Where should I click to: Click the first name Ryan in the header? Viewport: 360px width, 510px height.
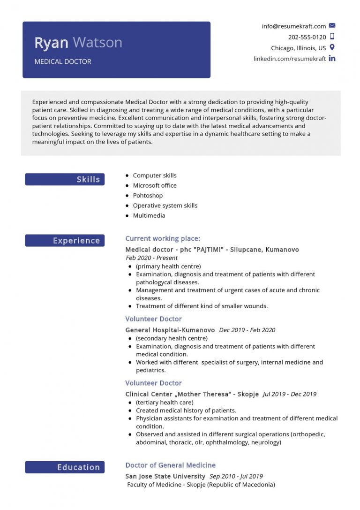[x=52, y=43]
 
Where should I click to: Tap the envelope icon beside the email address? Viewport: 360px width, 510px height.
[x=332, y=26]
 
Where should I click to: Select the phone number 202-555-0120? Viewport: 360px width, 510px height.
[x=307, y=37]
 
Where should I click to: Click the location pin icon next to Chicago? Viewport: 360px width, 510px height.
[x=332, y=47]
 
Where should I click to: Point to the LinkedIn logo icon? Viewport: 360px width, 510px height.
[x=332, y=59]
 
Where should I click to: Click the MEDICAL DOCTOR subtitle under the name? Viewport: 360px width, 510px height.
[x=63, y=61]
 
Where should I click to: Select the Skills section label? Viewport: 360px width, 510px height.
[x=88, y=179]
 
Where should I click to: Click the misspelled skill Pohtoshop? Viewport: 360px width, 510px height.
[x=148, y=195]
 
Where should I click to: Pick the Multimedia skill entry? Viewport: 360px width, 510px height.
[x=149, y=215]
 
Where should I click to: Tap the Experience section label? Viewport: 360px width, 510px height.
[x=76, y=241]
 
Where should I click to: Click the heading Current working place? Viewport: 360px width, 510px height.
[x=162, y=238]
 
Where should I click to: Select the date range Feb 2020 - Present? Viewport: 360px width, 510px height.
[x=152, y=258]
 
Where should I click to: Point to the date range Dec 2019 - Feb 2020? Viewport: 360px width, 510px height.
[x=247, y=330]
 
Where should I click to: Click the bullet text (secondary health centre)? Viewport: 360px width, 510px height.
[x=172, y=338]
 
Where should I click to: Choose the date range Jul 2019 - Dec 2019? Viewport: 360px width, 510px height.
[x=290, y=394]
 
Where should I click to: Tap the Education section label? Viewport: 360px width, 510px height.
[x=78, y=467]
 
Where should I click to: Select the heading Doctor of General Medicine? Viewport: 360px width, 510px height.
[x=170, y=465]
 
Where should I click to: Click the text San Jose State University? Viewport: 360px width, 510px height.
[x=165, y=476]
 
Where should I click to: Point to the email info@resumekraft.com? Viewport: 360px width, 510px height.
[x=293, y=26]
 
